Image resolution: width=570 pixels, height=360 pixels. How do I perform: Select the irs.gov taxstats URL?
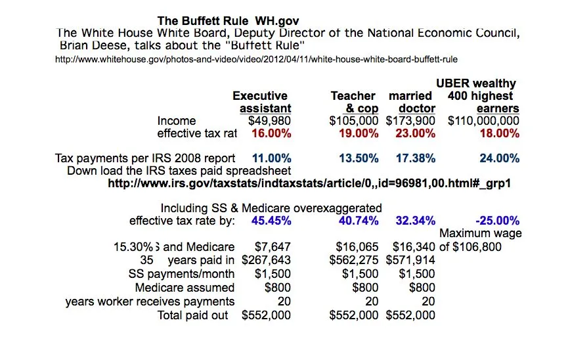309,183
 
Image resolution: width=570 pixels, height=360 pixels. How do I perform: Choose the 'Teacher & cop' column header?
354,102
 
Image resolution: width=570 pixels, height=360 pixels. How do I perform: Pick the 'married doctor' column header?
411,102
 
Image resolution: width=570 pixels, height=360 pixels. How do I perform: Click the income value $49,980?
269,121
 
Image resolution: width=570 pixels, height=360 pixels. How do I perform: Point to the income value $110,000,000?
483,121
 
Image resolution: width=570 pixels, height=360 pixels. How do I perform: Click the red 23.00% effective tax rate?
416,133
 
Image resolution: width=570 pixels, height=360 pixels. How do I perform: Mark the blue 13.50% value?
359,158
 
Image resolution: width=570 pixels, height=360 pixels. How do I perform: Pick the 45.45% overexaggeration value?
271,221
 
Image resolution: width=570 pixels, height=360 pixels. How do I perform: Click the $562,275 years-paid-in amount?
353,260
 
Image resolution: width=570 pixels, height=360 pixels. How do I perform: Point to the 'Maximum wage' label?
480,234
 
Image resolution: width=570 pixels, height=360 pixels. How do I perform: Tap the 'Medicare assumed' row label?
185,288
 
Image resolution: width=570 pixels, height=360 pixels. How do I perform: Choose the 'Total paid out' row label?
193,315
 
